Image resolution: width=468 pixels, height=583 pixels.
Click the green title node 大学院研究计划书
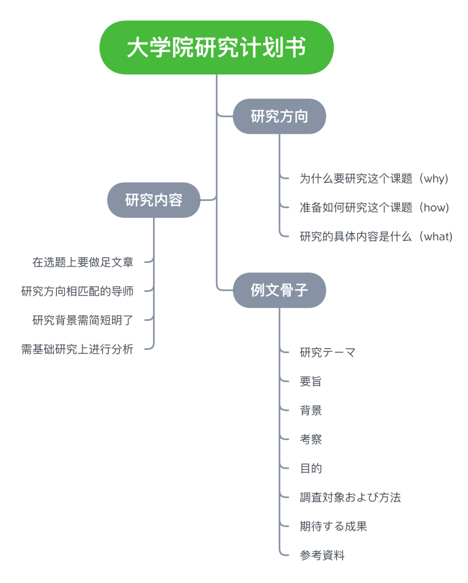(216, 47)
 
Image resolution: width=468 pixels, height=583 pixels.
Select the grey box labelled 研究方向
(279, 116)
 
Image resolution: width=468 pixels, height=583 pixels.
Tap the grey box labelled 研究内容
(153, 200)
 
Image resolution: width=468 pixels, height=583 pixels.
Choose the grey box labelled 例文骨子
(279, 290)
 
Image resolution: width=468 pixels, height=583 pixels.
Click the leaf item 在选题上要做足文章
(83, 262)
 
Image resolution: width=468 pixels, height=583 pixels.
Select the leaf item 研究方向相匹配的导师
(77, 291)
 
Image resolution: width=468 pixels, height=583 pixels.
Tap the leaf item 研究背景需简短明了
(83, 320)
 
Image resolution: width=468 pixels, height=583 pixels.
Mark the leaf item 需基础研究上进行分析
(77, 349)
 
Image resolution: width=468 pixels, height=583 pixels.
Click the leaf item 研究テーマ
(328, 352)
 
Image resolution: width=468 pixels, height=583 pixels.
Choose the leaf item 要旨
(311, 381)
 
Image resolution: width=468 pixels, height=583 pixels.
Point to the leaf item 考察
(311, 439)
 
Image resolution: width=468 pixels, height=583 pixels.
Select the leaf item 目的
(311, 468)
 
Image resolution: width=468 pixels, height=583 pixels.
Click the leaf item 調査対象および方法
(350, 497)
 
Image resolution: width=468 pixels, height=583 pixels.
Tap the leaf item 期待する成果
(333, 526)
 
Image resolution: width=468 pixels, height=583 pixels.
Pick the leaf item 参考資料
(322, 555)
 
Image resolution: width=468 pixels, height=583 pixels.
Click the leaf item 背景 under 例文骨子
(311, 410)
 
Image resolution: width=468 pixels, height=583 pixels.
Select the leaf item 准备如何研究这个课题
(356, 207)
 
